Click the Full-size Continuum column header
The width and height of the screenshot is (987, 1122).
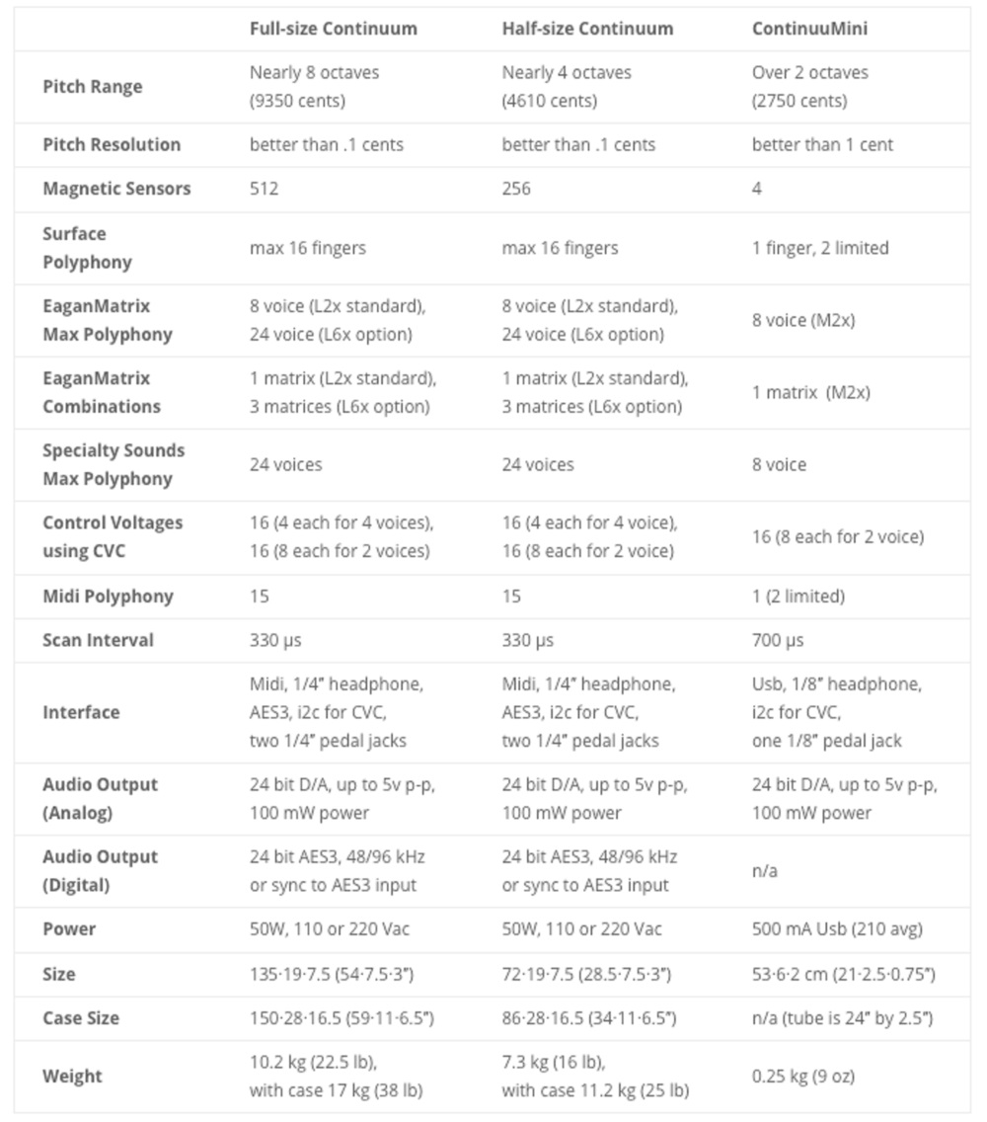333,29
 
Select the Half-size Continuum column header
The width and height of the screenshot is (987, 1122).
587,29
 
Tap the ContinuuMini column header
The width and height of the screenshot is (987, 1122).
809,29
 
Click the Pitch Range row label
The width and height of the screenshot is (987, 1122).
93,87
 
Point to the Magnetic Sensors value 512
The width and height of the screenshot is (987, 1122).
265,189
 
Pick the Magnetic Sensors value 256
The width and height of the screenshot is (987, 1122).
516,189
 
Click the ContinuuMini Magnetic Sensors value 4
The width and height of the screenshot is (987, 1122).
757,189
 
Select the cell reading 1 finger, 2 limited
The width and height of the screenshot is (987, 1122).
820,248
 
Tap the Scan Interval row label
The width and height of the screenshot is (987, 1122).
99,640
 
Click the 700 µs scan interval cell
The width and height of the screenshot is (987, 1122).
778,640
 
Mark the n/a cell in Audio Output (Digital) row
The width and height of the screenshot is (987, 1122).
765,871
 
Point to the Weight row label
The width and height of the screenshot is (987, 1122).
72,1077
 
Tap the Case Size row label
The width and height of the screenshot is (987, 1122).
81,1018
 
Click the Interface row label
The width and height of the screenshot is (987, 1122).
81,712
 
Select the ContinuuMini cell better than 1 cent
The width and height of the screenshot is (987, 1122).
822,145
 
